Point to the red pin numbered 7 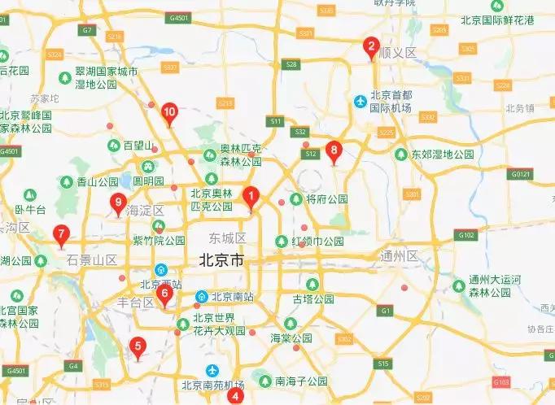(60, 235)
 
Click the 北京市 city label (221, 262)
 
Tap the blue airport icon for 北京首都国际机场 (360, 101)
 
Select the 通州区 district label (398, 256)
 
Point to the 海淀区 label (146, 211)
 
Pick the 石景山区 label (92, 260)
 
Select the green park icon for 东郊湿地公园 (400, 154)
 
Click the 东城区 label (227, 238)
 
